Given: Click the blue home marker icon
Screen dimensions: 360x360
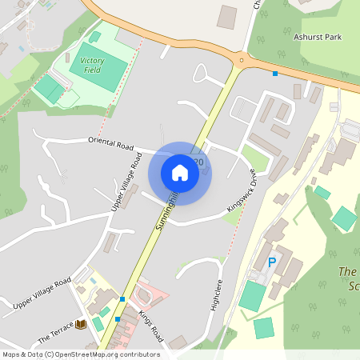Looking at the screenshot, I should coord(180,173).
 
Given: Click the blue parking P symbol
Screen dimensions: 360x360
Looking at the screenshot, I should coord(272,262).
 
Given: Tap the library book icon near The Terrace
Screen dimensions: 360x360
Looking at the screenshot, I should coord(80,324).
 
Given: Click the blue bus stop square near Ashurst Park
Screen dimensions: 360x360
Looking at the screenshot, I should coord(275,74).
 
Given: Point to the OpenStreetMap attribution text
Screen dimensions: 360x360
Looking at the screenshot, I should coord(81,354).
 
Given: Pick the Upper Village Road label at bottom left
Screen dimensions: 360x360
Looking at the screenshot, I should coord(42,294).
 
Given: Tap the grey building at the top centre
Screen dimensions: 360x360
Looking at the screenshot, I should coord(227,17).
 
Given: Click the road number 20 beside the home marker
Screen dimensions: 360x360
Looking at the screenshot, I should coord(198,162).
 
